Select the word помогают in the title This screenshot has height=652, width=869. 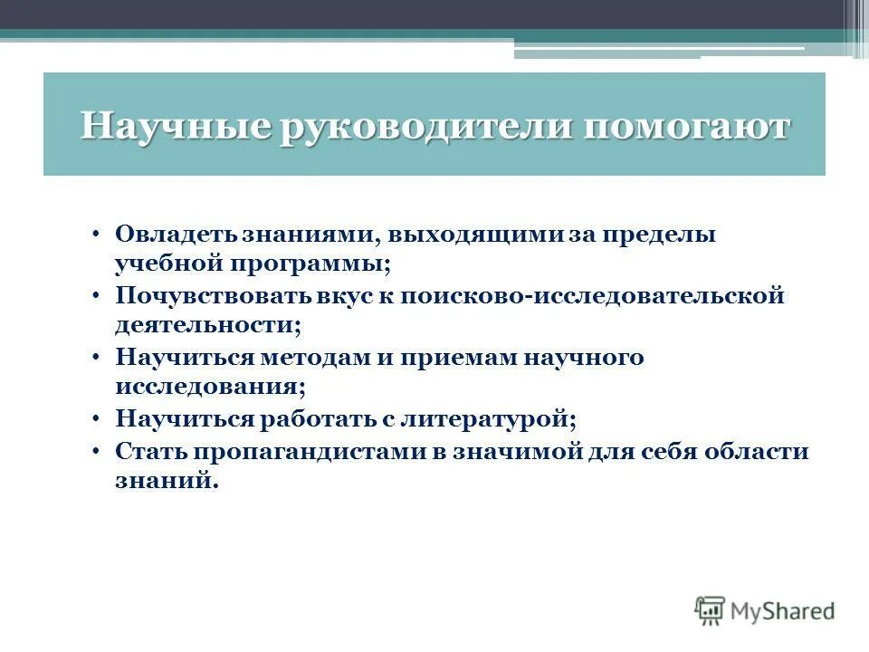(686, 126)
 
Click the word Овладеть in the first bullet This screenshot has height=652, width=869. (175, 235)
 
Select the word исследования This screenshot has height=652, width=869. (207, 388)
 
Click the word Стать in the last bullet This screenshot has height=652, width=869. (146, 451)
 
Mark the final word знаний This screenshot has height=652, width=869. (166, 482)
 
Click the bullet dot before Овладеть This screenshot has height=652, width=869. (96, 235)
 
